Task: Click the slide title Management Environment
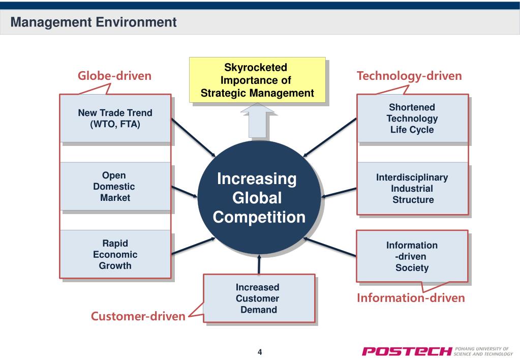tap(94, 22)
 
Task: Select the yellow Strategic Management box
tap(257, 80)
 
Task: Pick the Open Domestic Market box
tap(115, 187)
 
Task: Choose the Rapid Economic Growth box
tap(115, 254)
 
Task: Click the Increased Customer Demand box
tap(259, 298)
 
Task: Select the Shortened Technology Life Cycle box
tap(412, 118)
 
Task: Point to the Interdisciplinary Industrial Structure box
tap(412, 189)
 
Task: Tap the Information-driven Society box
tap(412, 256)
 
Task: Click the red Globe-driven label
tap(114, 76)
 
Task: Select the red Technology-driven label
tap(409, 76)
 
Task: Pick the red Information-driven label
tap(411, 298)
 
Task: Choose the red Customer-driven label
tap(138, 316)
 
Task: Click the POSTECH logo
tap(407, 351)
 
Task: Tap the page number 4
tap(260, 352)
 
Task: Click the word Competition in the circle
tap(259, 217)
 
